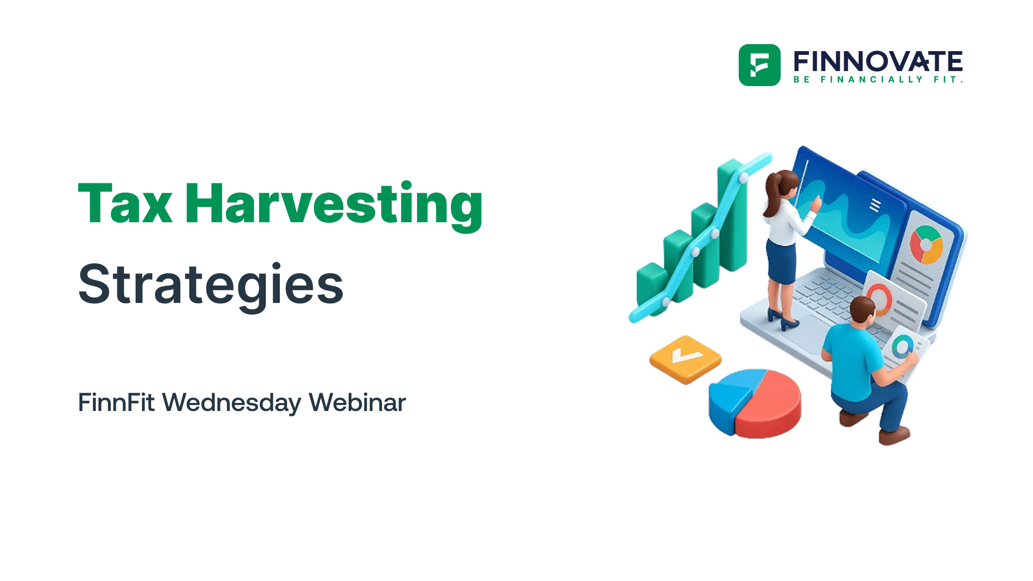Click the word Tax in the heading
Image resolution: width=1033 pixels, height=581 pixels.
pos(125,204)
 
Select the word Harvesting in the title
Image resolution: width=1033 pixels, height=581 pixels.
pos(334,204)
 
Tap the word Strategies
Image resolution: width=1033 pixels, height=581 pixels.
pos(210,285)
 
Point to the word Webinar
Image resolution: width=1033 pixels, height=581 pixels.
pos(357,402)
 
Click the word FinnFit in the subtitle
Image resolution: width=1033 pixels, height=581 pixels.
pos(116,402)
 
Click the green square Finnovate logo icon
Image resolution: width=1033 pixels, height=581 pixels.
pos(759,65)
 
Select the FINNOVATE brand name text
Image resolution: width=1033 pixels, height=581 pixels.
pos(878,61)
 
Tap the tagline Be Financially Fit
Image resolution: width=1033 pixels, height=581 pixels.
pos(878,80)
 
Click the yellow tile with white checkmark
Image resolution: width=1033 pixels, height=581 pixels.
pos(685,358)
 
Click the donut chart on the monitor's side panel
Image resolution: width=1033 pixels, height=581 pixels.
pos(926,245)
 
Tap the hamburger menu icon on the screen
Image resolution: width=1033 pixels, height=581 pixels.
pos(875,205)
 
